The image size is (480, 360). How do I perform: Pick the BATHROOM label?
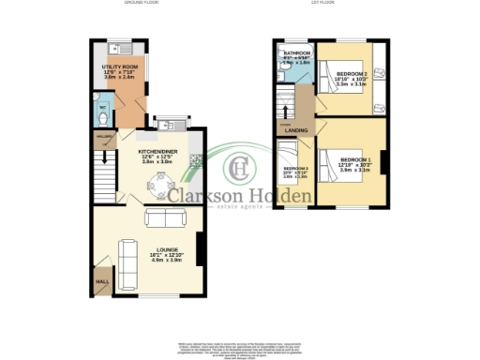point(297,53)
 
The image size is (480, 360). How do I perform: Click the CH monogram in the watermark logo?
point(241,169)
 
